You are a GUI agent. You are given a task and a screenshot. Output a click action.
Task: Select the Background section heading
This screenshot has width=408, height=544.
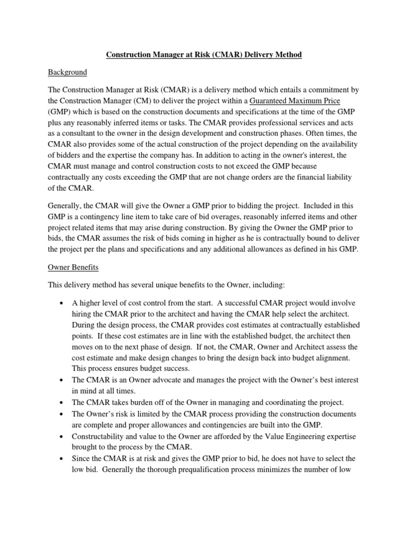tap(67, 72)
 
